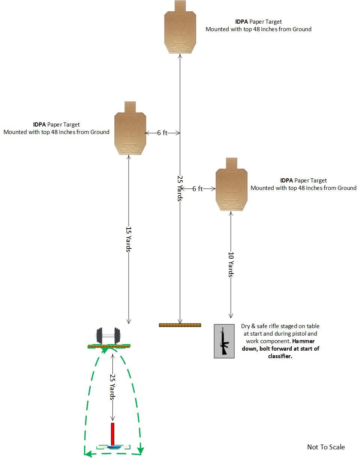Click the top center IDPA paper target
(180, 28)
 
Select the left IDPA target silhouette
(130, 130)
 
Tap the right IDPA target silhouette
(231, 186)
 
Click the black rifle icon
(224, 341)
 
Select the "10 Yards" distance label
(231, 264)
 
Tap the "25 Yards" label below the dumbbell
(112, 387)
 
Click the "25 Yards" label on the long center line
(180, 188)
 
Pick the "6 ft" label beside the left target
(162, 133)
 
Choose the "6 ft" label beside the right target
(198, 189)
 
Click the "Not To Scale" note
(326, 447)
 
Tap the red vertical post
(112, 434)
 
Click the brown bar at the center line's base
(180, 325)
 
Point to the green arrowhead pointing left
(88, 454)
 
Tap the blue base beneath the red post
(113, 447)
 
